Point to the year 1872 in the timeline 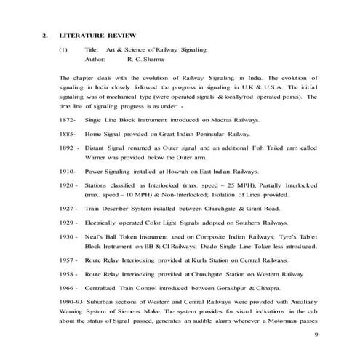point(48,119)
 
